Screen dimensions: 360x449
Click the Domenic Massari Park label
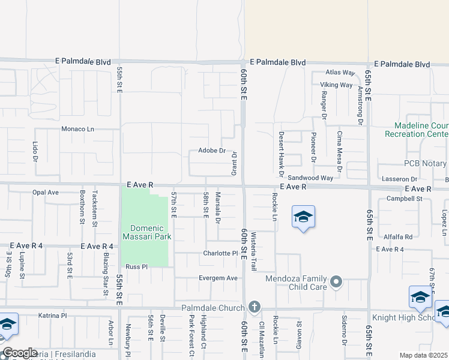[x=147, y=232]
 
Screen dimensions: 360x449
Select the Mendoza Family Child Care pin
[x=336, y=281]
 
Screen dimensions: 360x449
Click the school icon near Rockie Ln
[x=303, y=217]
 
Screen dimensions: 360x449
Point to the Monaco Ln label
[x=78, y=129]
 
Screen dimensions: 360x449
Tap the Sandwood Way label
[x=310, y=178]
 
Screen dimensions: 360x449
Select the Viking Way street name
[x=336, y=85]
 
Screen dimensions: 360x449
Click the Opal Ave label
[x=46, y=193]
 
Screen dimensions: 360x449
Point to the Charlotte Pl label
[x=220, y=253]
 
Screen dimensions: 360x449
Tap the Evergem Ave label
[x=218, y=278]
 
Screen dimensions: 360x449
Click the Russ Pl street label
[x=136, y=267]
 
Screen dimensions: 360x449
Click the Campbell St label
[x=405, y=199]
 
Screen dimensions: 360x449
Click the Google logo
[x=20, y=353]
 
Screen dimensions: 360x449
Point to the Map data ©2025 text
[x=423, y=355]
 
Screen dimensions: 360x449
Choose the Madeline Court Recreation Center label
[x=420, y=130]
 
